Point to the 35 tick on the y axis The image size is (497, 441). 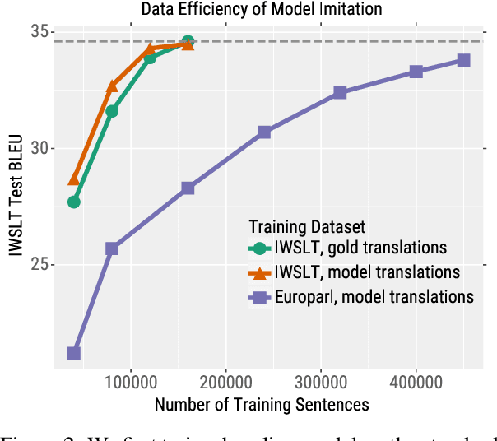click(x=39, y=32)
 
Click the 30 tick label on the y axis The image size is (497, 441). click(x=39, y=149)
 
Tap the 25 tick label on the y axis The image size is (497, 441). click(x=39, y=265)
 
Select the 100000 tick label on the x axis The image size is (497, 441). click(x=131, y=383)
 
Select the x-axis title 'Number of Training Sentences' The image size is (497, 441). click(x=261, y=404)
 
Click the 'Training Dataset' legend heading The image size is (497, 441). click(x=307, y=225)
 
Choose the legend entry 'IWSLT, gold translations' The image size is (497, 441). click(x=360, y=248)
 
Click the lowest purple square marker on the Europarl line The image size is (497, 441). click(x=74, y=353)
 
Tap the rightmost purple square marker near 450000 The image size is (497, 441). click(x=463, y=60)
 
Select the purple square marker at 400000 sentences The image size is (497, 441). click(x=416, y=72)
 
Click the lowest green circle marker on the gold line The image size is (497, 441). click(x=74, y=202)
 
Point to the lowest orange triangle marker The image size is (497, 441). click(x=74, y=179)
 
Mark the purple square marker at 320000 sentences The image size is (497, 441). click(x=340, y=93)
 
